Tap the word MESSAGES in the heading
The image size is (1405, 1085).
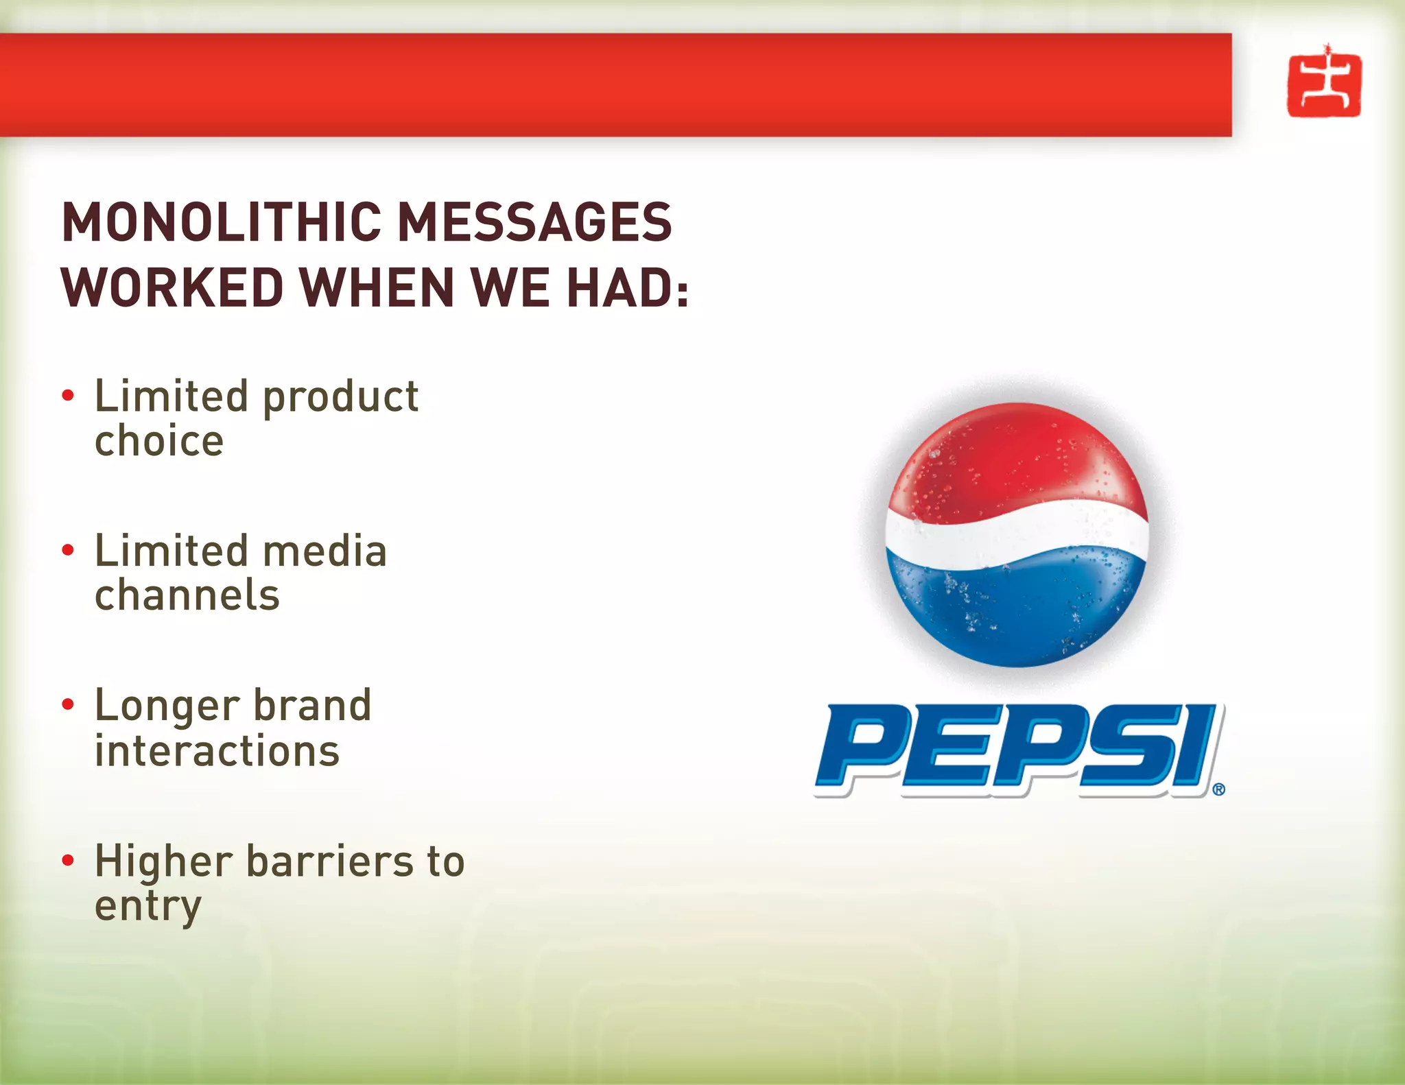coord(535,222)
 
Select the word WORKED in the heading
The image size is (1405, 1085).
coord(172,287)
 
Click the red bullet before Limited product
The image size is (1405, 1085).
coord(67,396)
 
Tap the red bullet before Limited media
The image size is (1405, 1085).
coord(67,550)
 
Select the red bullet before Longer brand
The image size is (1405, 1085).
coord(67,704)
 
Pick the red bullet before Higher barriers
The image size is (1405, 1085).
coord(67,860)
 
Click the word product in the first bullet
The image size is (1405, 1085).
coord(341,398)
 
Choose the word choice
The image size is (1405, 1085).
coord(159,441)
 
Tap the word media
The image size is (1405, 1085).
coord(325,551)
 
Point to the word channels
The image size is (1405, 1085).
coord(187,595)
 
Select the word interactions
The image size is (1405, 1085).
coord(217,751)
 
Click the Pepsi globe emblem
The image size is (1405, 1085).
coord(1017,535)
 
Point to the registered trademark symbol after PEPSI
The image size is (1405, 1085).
coord(1218,789)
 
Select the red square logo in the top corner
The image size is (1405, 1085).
coord(1324,85)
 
